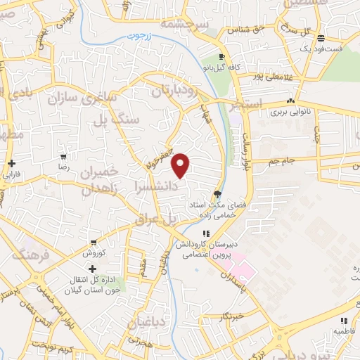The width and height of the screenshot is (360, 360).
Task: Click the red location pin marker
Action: point(181,165)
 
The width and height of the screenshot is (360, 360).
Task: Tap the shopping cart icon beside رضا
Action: point(63,157)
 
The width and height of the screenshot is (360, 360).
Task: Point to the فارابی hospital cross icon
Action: point(13,163)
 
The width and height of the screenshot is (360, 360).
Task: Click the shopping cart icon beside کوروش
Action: point(93,241)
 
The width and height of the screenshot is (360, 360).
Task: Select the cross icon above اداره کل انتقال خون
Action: point(92,269)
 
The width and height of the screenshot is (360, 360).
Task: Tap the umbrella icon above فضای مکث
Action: point(219,194)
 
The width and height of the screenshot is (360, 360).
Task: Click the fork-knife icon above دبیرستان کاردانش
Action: point(206,233)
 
